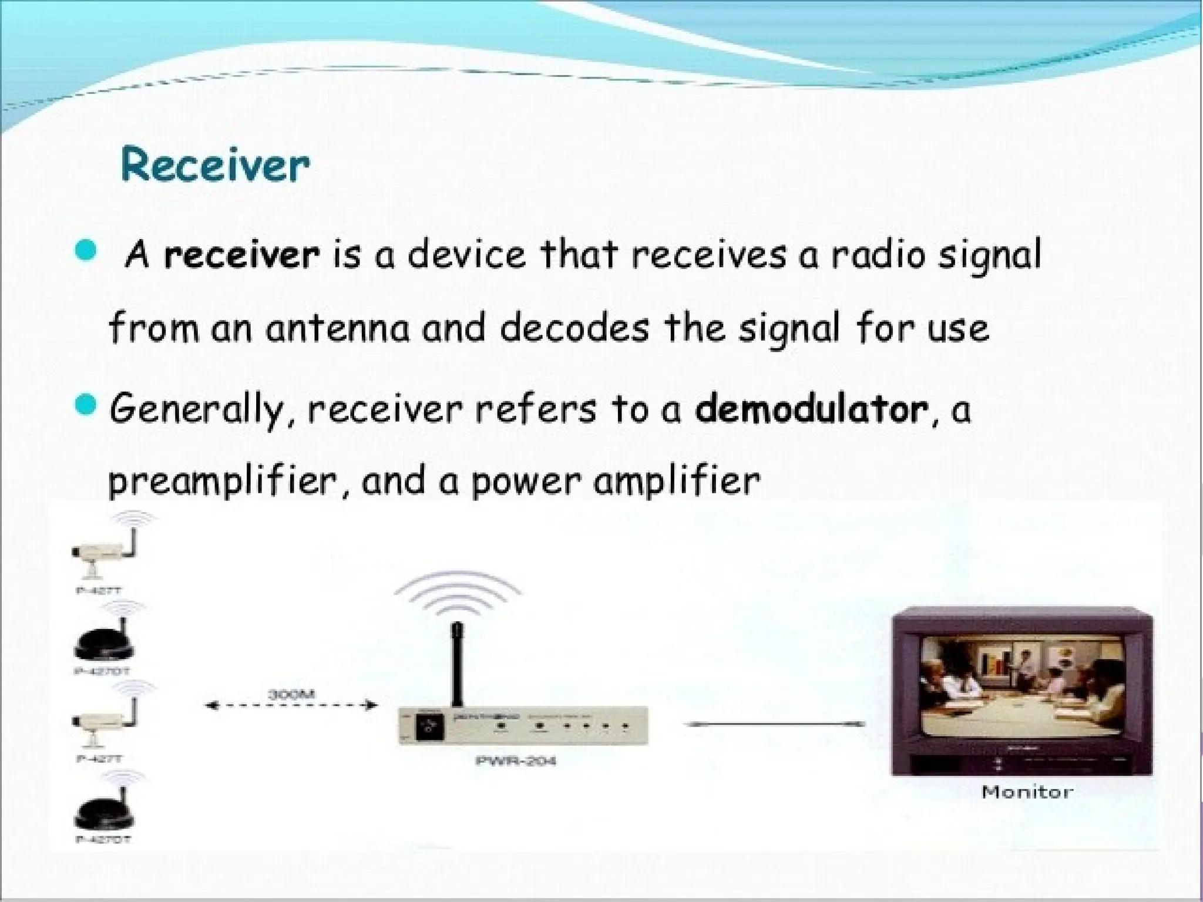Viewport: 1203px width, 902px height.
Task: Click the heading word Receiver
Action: pyautogui.click(x=215, y=166)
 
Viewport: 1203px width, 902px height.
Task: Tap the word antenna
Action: pyautogui.click(x=337, y=329)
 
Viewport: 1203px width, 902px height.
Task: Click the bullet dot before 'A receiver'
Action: pyautogui.click(x=86, y=253)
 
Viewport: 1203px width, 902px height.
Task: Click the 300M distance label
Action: pyautogui.click(x=291, y=694)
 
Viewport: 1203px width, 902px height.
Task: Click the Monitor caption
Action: pyautogui.click(x=1027, y=792)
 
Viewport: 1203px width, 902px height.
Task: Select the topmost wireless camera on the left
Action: pyautogui.click(x=106, y=552)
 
